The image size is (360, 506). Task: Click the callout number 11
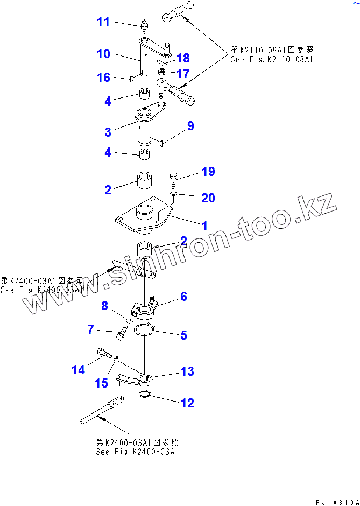tap(103, 22)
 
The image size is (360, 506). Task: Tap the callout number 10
tap(103, 54)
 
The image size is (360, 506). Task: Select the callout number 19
tap(208, 172)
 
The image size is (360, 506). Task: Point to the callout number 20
tap(208, 198)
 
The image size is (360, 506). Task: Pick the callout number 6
tap(183, 296)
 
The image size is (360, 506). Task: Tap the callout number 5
tap(183, 335)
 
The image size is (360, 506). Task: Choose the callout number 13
tap(187, 371)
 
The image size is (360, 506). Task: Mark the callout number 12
tap(187, 403)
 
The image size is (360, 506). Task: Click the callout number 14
tap(79, 369)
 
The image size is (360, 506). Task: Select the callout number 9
tap(190, 126)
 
